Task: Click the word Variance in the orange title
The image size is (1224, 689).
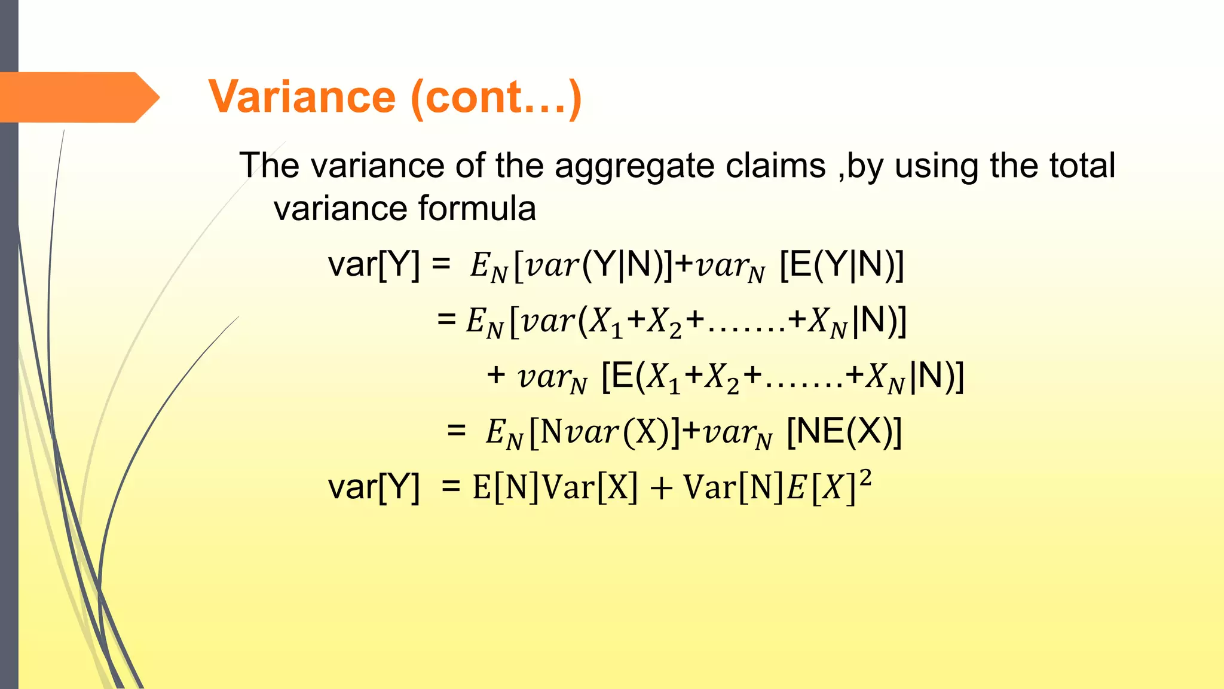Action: (x=302, y=97)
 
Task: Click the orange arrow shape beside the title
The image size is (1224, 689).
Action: (x=78, y=97)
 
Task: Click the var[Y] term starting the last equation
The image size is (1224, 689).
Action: (x=374, y=487)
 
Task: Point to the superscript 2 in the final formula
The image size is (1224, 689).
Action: (x=865, y=478)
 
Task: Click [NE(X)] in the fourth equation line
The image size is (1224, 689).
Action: (x=844, y=431)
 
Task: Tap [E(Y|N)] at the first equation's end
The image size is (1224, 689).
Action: (x=842, y=264)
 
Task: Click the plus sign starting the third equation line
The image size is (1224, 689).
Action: (x=496, y=376)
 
